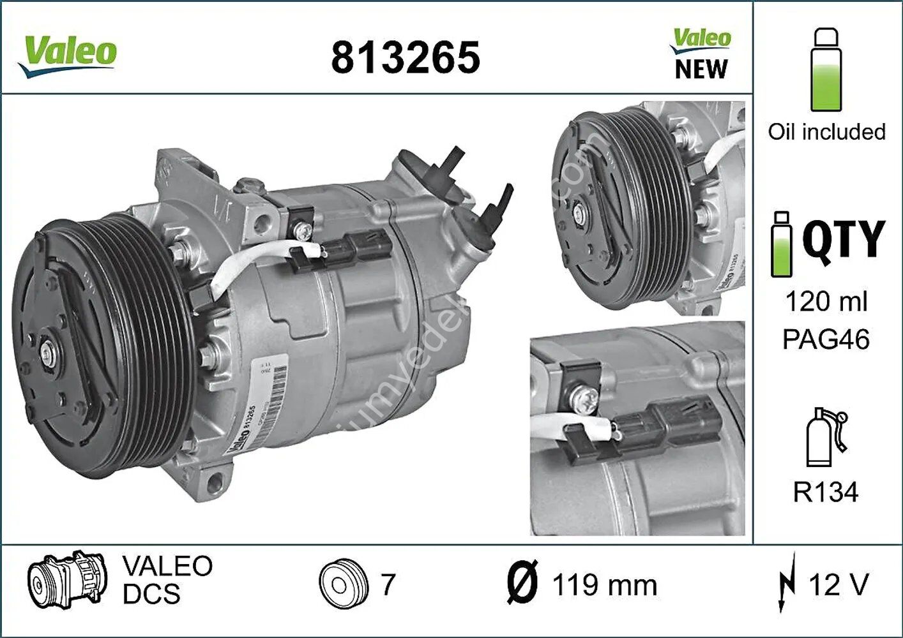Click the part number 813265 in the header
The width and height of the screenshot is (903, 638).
405,57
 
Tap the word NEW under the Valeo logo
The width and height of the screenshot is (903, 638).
701,69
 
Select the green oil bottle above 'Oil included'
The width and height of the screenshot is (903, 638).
826,70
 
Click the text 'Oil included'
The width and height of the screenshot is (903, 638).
826,132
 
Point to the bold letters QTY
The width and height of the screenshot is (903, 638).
843,239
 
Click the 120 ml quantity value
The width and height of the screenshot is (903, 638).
826,301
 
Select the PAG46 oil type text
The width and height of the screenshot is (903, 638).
826,339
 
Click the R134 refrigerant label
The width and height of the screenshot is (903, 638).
826,492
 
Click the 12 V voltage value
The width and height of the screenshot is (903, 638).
838,584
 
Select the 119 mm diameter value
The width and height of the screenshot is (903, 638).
604,585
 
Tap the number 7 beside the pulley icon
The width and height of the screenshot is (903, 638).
388,584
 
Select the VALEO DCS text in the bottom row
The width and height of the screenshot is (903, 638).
167,580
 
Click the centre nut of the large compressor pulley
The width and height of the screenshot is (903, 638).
48,352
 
